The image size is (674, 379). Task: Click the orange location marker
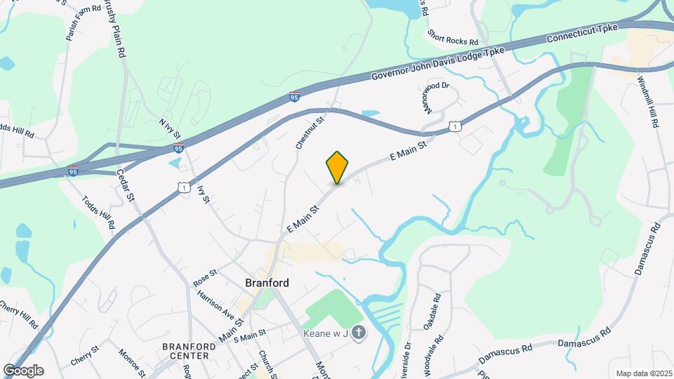[337, 167]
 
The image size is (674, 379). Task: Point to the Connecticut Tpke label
[582, 34]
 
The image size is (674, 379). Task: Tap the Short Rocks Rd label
[453, 36]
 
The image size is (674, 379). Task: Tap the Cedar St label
[125, 185]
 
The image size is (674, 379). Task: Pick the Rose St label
[205, 278]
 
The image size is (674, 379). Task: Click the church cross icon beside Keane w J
[358, 333]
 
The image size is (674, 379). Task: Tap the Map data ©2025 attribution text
[642, 373]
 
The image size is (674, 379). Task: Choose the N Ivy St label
[171, 128]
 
